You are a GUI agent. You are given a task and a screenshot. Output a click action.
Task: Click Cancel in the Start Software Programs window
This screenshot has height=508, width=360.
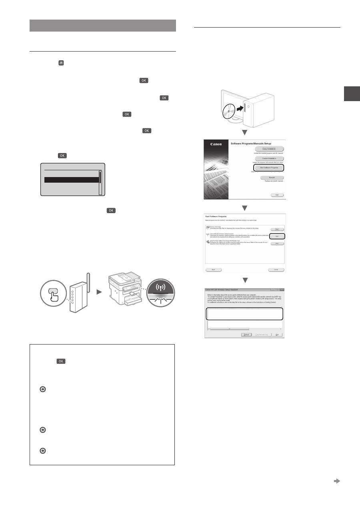point(276,270)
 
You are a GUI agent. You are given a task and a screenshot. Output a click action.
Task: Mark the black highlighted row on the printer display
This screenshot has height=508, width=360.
point(71,180)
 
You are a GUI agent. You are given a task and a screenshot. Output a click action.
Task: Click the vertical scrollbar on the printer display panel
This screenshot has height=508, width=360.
point(101,182)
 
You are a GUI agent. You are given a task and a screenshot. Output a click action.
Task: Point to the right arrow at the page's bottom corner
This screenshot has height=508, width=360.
point(337,481)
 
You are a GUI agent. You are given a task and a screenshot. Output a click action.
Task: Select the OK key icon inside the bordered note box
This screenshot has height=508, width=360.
point(61,361)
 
